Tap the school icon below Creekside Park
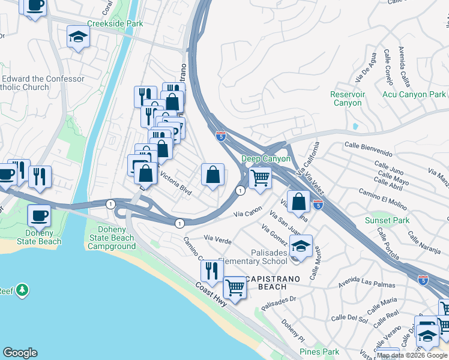pyautogui.click(x=78, y=37)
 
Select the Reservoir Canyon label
pyautogui.click(x=348, y=98)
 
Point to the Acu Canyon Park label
pyautogui.click(x=414, y=94)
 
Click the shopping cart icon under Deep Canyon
pyautogui.click(x=260, y=177)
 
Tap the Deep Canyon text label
pyautogui.click(x=265, y=159)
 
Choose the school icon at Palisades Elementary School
pyautogui.click(x=301, y=245)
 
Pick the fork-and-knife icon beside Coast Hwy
pyautogui.click(x=212, y=271)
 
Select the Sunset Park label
pyautogui.click(x=387, y=220)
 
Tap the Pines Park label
pyautogui.click(x=319, y=352)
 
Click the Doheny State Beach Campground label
pyautogui.click(x=112, y=238)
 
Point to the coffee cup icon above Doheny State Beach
pyautogui.click(x=40, y=215)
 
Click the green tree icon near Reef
pyautogui.click(x=23, y=290)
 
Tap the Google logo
pyautogui.click(x=20, y=353)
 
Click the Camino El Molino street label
pyautogui.click(x=383, y=191)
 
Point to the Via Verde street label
pyautogui.click(x=218, y=238)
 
